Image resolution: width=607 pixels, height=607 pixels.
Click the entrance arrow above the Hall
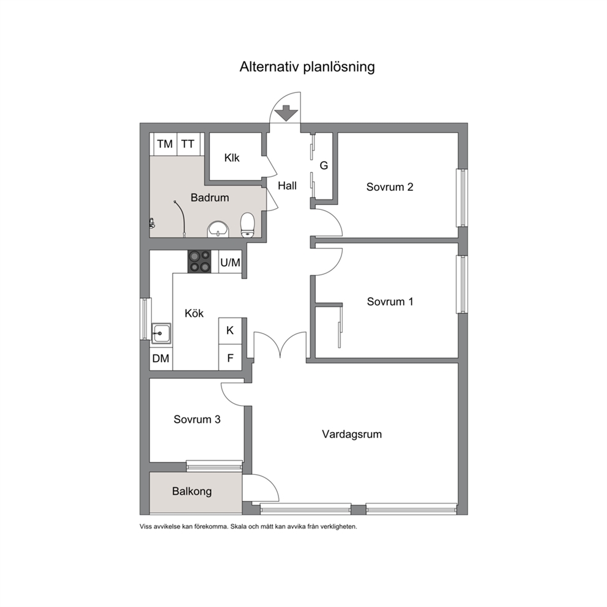pyautogui.click(x=286, y=113)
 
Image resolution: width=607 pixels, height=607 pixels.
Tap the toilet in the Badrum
pyautogui.click(x=247, y=225)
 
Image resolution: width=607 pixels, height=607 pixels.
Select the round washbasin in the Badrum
pyautogui.click(x=218, y=229)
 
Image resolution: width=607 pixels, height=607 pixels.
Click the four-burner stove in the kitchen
pyautogui.click(x=199, y=262)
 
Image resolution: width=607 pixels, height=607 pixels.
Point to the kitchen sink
pyautogui.click(x=161, y=333)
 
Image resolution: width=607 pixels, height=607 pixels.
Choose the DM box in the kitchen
pyautogui.click(x=161, y=359)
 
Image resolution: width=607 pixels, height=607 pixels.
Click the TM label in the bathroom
pyautogui.click(x=165, y=144)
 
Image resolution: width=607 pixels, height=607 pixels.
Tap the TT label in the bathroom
pyautogui.click(x=188, y=144)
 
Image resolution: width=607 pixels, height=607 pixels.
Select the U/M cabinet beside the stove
pyautogui.click(x=230, y=262)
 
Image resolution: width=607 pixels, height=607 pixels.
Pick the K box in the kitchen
pyautogui.click(x=230, y=330)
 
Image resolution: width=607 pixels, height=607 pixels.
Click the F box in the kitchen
pyautogui.click(x=230, y=358)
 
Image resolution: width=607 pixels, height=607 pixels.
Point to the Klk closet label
pyautogui.click(x=232, y=158)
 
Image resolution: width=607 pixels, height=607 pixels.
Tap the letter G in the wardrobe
pyautogui.click(x=324, y=166)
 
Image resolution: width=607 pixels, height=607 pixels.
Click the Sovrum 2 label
pyautogui.click(x=390, y=187)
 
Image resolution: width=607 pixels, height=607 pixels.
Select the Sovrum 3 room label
pyautogui.click(x=197, y=419)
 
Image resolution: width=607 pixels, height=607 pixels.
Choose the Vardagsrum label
pyautogui.click(x=352, y=434)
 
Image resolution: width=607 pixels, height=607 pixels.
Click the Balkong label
pyautogui.click(x=192, y=491)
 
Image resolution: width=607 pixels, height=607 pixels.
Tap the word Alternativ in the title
pyautogui.click(x=269, y=67)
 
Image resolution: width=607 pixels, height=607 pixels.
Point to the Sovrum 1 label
pyautogui.click(x=390, y=302)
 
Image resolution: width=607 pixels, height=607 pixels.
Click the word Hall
pyautogui.click(x=287, y=186)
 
